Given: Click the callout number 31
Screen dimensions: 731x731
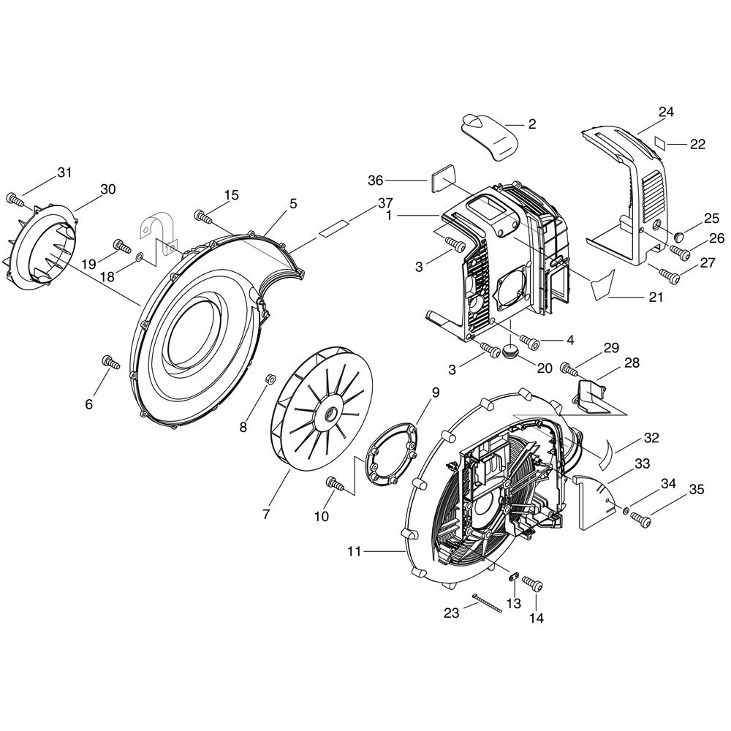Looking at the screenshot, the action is pos(65,172).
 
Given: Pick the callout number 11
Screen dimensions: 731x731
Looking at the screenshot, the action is pos(354,552).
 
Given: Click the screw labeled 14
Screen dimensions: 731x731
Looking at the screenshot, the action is pos(534,583).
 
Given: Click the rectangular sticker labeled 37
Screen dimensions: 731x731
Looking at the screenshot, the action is pos(333,230).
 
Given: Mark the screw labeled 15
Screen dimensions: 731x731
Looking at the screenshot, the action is pos(203,216).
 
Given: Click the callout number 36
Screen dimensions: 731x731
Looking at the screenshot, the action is pos(375,180).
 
